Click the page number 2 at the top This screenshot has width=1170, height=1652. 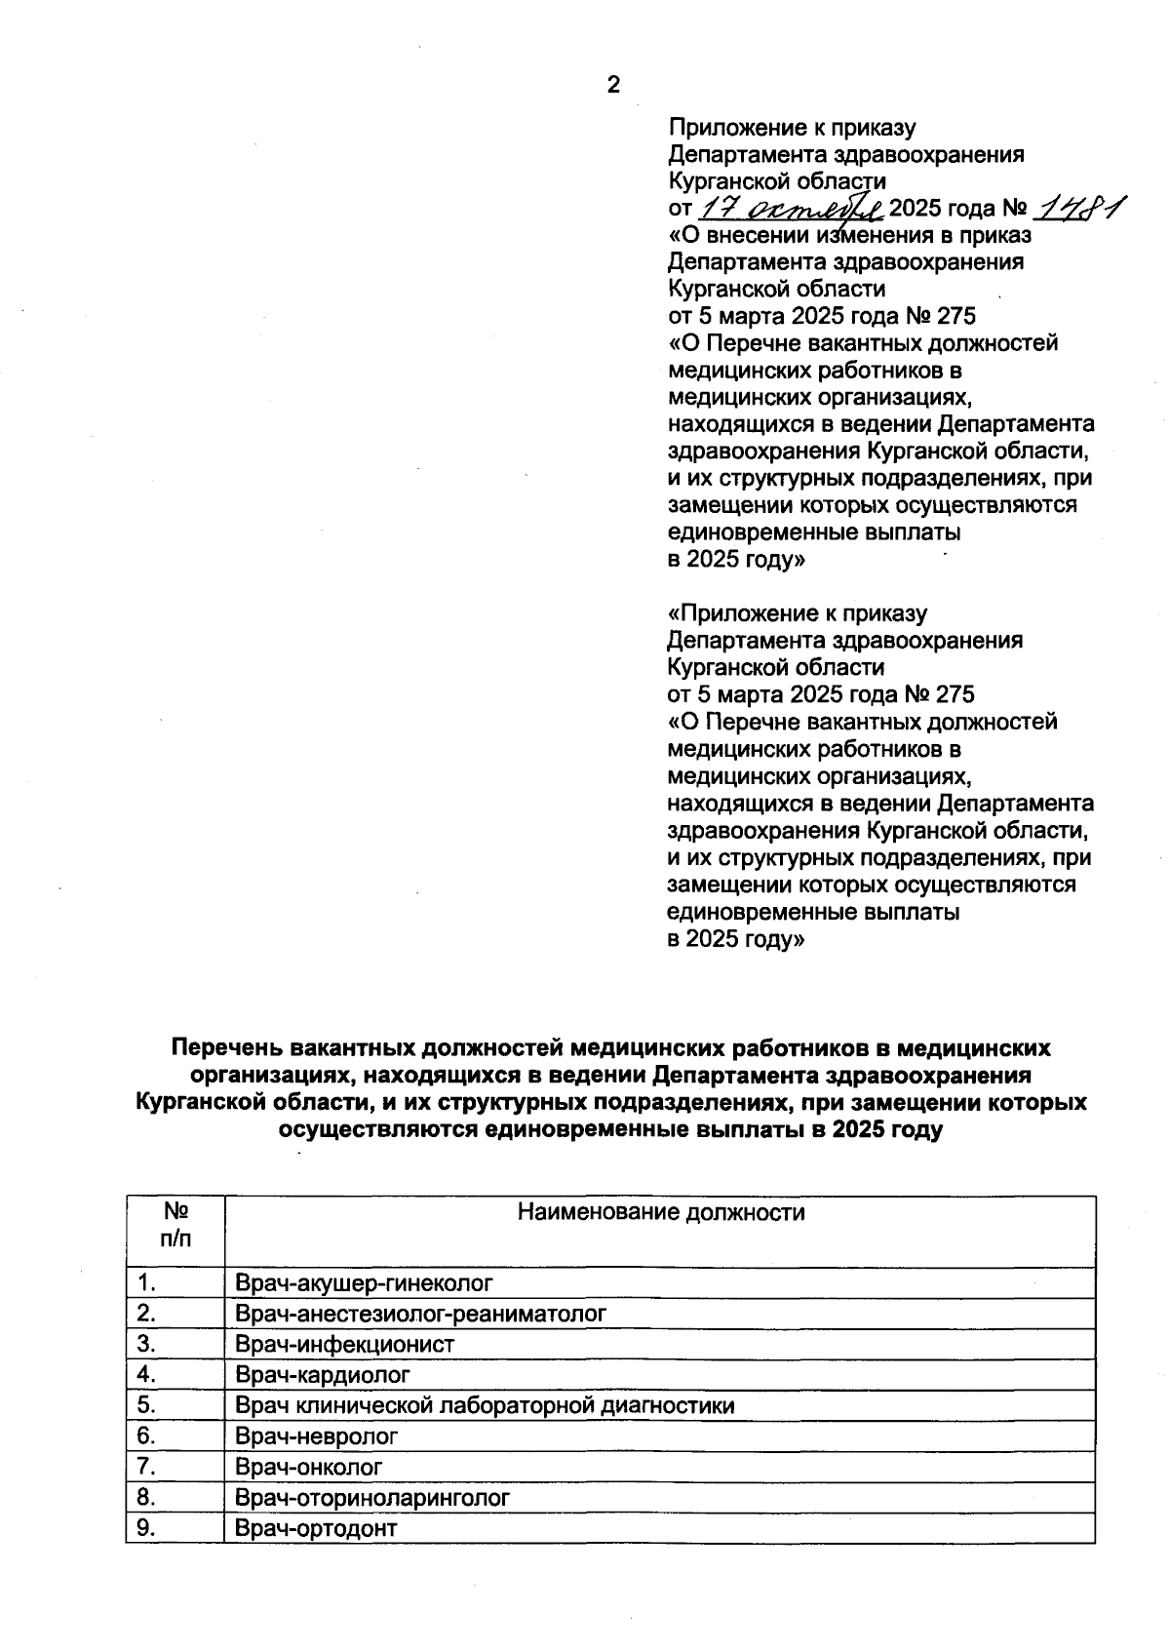click(613, 85)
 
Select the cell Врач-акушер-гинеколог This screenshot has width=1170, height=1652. click(364, 1282)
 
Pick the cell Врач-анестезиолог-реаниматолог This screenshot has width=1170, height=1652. click(420, 1314)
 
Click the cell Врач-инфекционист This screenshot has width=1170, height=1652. click(344, 1344)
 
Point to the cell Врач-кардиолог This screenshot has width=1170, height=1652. click(323, 1375)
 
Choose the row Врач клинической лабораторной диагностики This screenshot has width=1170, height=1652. click(485, 1405)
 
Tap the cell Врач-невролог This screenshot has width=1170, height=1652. click(317, 1436)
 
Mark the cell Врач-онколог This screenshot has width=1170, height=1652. click(309, 1467)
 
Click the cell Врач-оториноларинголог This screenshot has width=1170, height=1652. click(372, 1498)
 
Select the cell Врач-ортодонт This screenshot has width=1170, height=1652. click(316, 1528)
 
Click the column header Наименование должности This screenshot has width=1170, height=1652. click(660, 1212)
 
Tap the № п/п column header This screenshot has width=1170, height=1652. click(175, 1225)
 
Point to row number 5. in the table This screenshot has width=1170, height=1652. click(146, 1405)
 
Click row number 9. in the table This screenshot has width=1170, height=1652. click(146, 1528)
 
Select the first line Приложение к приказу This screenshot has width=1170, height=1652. click(791, 128)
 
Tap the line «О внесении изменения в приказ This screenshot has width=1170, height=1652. click(849, 235)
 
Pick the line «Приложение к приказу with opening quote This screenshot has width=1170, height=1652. click(797, 613)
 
